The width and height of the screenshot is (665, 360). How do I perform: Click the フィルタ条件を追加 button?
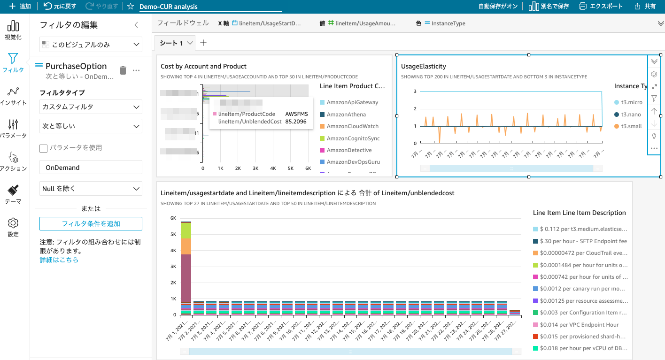pos(91,224)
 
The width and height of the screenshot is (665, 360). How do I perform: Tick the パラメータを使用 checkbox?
pos(44,148)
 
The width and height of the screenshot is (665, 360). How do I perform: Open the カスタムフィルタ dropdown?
pos(91,107)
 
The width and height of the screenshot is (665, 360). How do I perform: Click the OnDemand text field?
pos(91,168)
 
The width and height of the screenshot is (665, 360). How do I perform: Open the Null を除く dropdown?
pos(91,189)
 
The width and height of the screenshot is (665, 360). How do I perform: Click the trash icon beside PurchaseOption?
pos(123,70)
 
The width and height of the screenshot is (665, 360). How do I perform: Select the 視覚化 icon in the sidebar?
pos(13,30)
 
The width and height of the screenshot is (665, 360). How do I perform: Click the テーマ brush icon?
pos(13,193)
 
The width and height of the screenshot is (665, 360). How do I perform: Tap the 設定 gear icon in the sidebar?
pos(13,226)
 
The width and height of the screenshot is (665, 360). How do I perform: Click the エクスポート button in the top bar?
pos(601,7)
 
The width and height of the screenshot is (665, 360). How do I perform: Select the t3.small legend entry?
pos(631,126)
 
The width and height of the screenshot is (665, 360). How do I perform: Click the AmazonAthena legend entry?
pos(346,115)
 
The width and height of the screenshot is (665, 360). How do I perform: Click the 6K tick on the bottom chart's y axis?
pos(173,218)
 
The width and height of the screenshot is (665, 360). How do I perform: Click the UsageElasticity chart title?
pos(423,67)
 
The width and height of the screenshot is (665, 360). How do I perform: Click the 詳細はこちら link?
pos(59,260)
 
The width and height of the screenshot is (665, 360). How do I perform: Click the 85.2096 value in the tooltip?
pos(295,122)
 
